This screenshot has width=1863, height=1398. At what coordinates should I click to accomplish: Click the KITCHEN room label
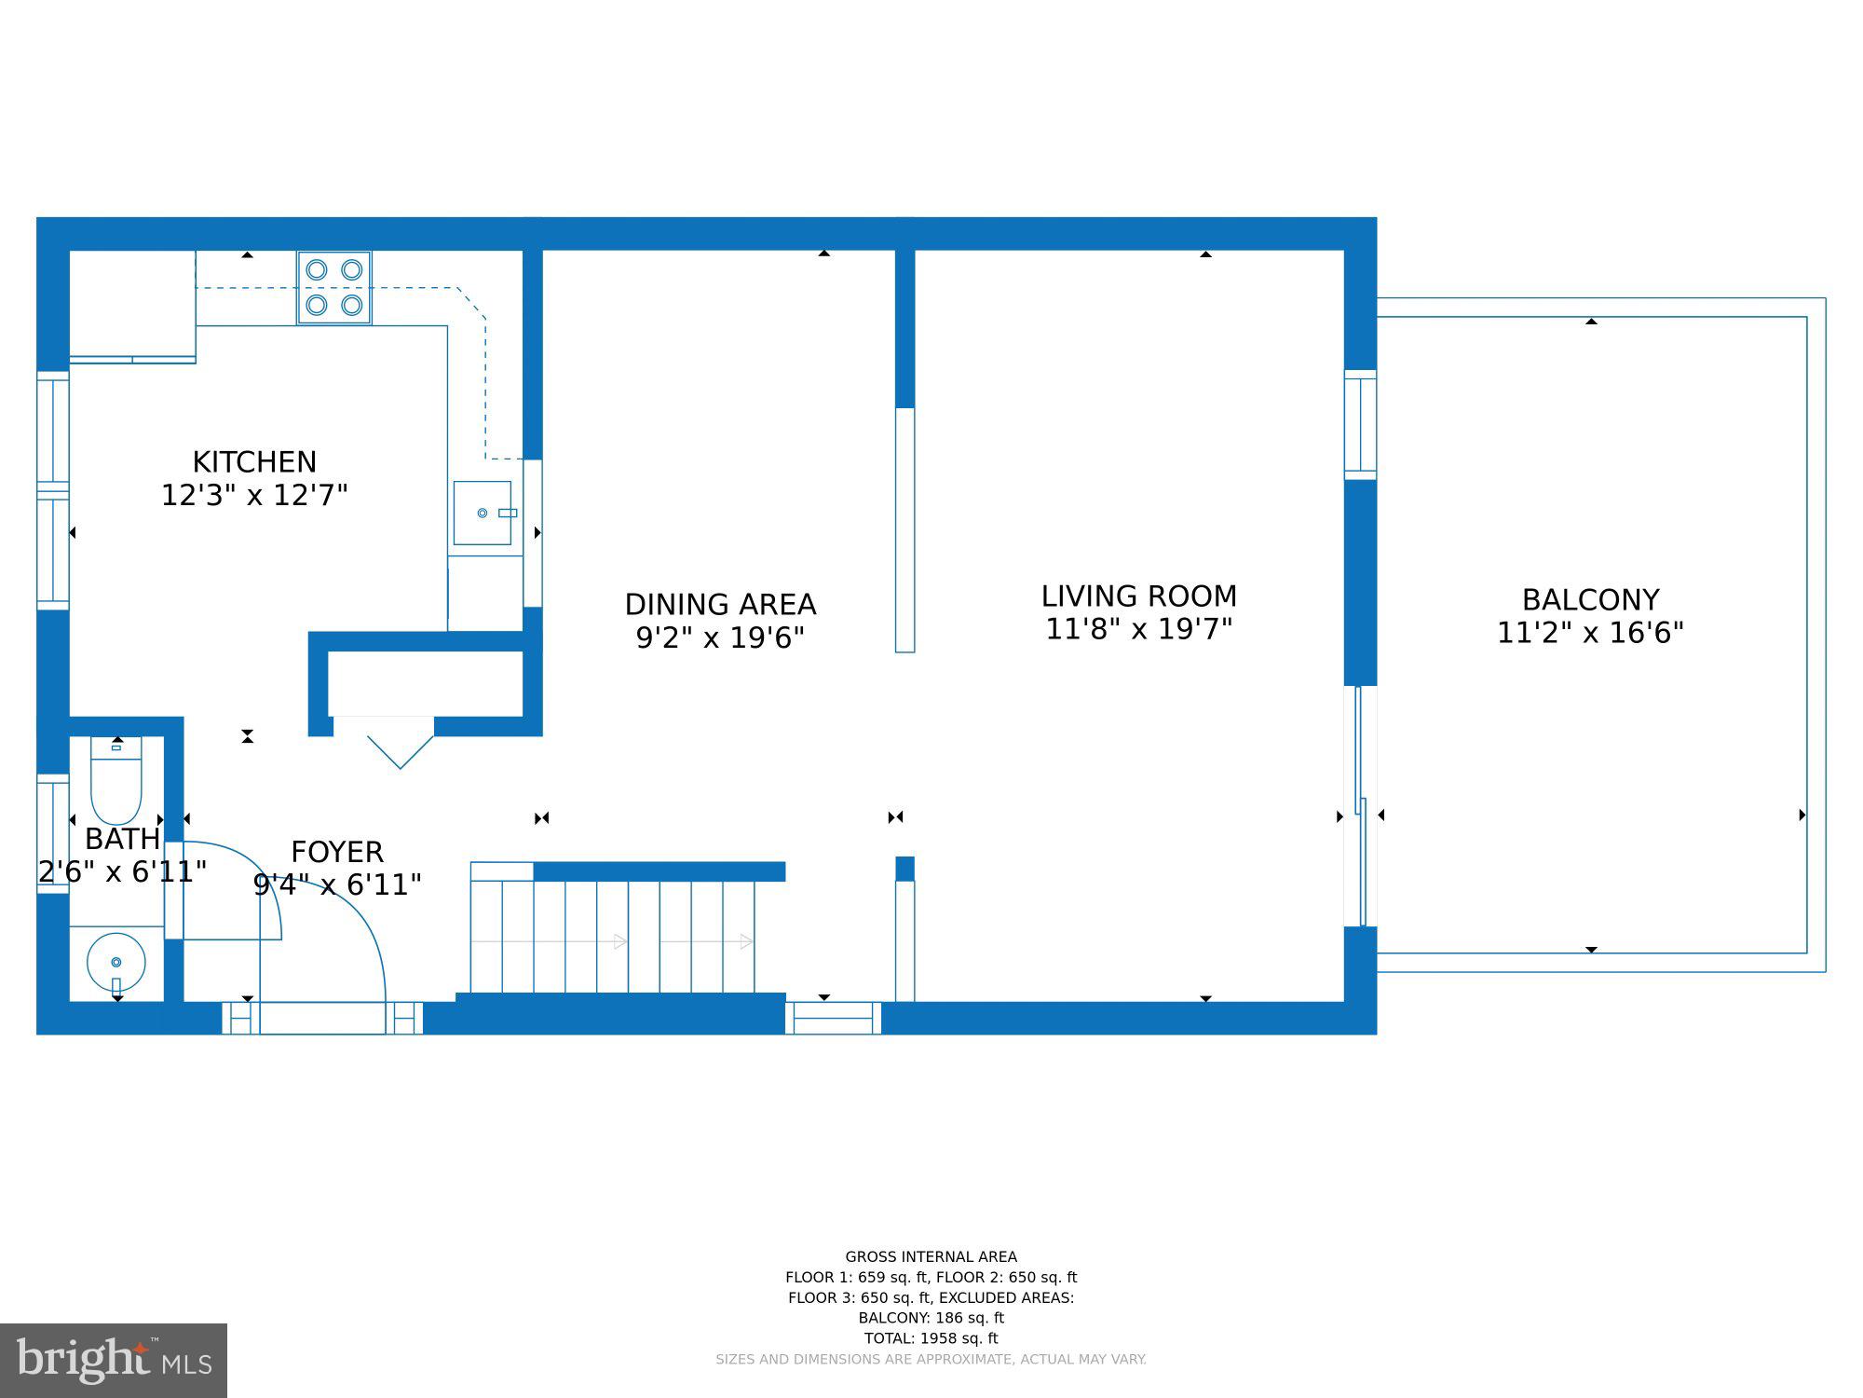pos(254,461)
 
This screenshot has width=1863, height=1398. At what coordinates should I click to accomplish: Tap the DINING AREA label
pos(720,605)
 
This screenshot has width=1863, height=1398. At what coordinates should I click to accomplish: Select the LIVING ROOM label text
pos(1138,596)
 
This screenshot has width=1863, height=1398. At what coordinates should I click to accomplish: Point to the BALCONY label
pos(1590,599)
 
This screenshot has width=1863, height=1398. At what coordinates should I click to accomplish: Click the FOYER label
pos(337,852)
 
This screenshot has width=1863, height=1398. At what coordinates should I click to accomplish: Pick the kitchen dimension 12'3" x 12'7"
pos(254,495)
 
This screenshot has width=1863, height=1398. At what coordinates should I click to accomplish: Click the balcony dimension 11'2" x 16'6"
pos(1590,633)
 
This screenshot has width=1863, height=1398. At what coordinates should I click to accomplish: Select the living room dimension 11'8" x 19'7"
pos(1138,629)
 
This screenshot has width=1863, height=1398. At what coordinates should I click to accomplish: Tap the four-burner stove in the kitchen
pos(334,288)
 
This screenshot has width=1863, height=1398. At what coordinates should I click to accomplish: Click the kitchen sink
pos(483,513)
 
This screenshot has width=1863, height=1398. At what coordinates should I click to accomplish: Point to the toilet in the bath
pos(116,780)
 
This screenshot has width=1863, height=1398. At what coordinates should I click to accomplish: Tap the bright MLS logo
pos(114,1361)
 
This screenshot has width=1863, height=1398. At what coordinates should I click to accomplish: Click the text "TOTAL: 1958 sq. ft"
pos(931,1338)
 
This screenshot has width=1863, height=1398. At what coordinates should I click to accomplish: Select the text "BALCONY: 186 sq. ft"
pos(931,1318)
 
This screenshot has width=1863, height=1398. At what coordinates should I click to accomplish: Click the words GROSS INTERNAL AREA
pos(931,1256)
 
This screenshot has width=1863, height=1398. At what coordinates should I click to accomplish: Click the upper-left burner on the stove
pos(317,270)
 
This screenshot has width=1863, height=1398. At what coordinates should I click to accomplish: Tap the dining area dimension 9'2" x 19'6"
pos(720,638)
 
